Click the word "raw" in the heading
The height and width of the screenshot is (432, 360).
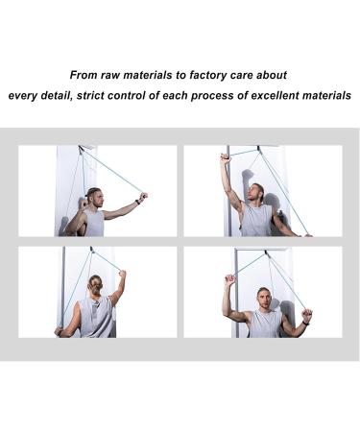click(126, 74)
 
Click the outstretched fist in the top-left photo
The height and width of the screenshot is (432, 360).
click(143, 198)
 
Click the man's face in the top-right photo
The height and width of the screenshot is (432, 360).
click(257, 194)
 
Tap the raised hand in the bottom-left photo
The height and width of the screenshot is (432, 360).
click(121, 276)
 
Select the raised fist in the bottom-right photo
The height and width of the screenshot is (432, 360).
click(229, 279)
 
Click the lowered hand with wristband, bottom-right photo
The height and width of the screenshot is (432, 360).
click(306, 315)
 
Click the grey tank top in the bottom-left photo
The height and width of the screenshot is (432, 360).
click(96, 317)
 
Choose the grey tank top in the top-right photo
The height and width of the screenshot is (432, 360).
click(256, 220)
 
